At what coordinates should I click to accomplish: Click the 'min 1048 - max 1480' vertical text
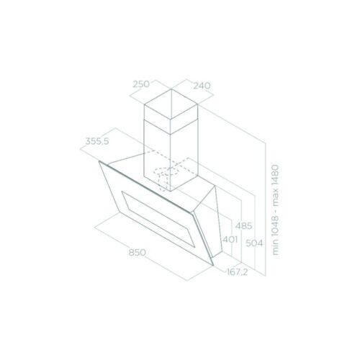point(274,210)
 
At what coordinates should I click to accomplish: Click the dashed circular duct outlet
point(167,175)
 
